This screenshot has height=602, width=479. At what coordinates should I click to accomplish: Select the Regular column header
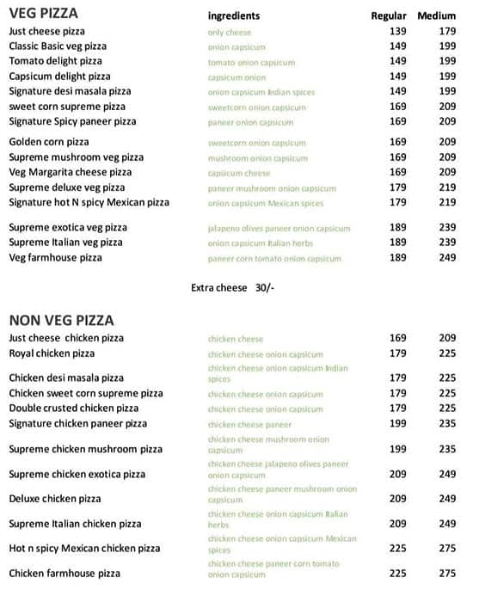pyautogui.click(x=388, y=16)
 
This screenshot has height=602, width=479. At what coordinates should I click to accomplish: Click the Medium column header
pyautogui.click(x=436, y=16)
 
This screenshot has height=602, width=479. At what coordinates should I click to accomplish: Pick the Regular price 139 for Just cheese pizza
pyautogui.click(x=397, y=32)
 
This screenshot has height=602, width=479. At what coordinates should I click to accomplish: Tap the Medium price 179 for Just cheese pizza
pyautogui.click(x=447, y=32)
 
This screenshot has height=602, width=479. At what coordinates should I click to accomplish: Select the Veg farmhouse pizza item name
pyautogui.click(x=55, y=258)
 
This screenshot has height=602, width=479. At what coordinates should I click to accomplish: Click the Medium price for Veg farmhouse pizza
pyautogui.click(x=447, y=258)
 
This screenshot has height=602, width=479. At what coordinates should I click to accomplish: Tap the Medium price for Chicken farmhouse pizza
pyautogui.click(x=447, y=574)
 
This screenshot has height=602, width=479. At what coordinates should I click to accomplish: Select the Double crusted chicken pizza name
pyautogui.click(x=73, y=408)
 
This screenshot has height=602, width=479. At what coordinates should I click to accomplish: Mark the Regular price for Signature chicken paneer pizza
pyautogui.click(x=397, y=424)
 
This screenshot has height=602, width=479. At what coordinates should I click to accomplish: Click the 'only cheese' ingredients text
pyautogui.click(x=228, y=32)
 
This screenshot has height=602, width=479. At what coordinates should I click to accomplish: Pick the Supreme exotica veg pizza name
pyautogui.click(x=68, y=228)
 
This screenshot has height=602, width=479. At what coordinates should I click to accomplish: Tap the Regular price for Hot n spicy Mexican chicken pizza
pyautogui.click(x=397, y=549)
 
